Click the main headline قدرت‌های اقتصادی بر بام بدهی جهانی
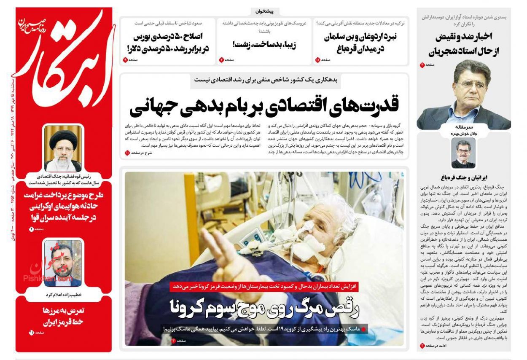tap(264, 105)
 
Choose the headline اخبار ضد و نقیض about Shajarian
tap(464, 44)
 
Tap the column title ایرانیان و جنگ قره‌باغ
tap(463, 177)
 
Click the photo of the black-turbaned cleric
tap(63, 148)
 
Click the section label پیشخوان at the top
tap(264, 11)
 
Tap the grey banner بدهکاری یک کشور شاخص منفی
tap(264, 80)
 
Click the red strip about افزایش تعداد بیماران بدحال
tap(265, 286)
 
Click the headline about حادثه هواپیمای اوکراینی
tap(63, 207)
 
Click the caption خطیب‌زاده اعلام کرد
tap(63, 294)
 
